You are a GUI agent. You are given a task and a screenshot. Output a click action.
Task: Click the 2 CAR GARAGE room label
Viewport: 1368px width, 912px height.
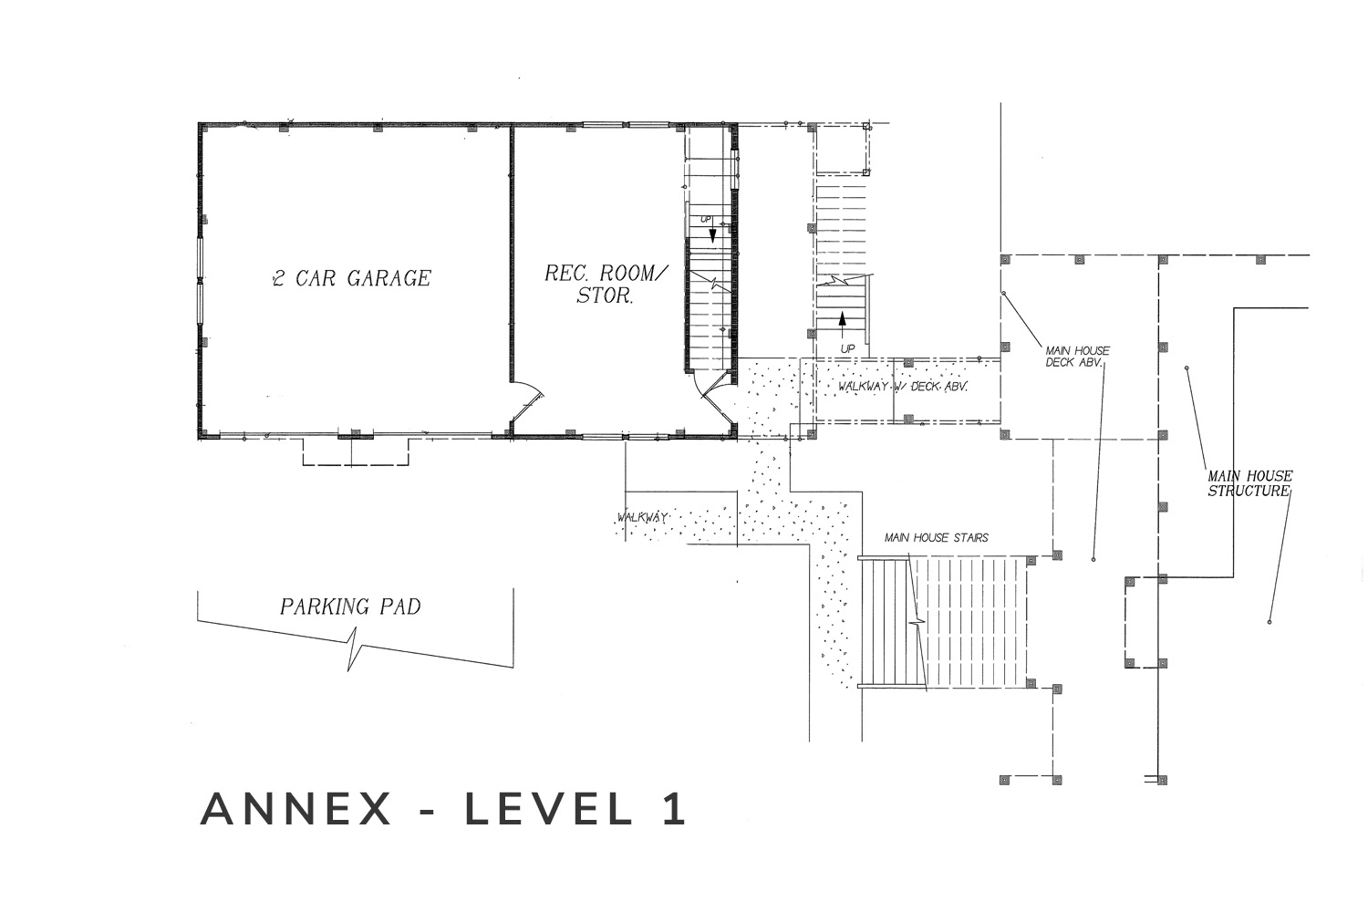352,278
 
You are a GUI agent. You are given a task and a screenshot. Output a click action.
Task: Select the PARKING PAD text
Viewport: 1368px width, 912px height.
350,606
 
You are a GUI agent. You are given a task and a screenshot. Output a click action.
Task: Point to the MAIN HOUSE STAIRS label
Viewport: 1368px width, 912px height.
937,537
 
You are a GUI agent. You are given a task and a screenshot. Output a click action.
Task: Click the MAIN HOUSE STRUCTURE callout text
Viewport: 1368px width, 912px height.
1250,483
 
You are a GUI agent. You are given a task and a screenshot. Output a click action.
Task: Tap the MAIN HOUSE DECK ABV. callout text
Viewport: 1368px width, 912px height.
1077,356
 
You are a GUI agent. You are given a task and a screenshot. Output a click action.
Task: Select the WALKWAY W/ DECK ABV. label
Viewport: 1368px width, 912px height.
903,386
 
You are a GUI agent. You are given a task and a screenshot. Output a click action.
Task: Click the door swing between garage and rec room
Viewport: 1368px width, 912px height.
530,397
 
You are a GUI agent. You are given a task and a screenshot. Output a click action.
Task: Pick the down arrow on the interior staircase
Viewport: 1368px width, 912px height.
712,235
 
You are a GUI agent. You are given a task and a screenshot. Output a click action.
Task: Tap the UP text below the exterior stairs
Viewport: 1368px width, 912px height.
847,348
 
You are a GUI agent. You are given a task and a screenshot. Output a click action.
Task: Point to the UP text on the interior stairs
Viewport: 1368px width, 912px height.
706,219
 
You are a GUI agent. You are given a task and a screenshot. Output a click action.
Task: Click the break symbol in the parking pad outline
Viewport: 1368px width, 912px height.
354,648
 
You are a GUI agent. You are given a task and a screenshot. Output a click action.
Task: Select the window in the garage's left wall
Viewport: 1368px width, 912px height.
200,281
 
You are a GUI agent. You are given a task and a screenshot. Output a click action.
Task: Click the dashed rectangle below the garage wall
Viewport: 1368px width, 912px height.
356,452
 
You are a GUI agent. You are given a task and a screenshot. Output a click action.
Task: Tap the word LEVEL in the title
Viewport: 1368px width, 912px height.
549,809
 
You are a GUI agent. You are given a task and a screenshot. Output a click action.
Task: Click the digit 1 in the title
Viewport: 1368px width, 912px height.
676,809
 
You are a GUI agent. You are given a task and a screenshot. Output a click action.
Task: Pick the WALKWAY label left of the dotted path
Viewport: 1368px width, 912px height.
642,517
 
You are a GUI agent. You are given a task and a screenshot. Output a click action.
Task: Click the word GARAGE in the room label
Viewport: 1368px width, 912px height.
389,278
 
